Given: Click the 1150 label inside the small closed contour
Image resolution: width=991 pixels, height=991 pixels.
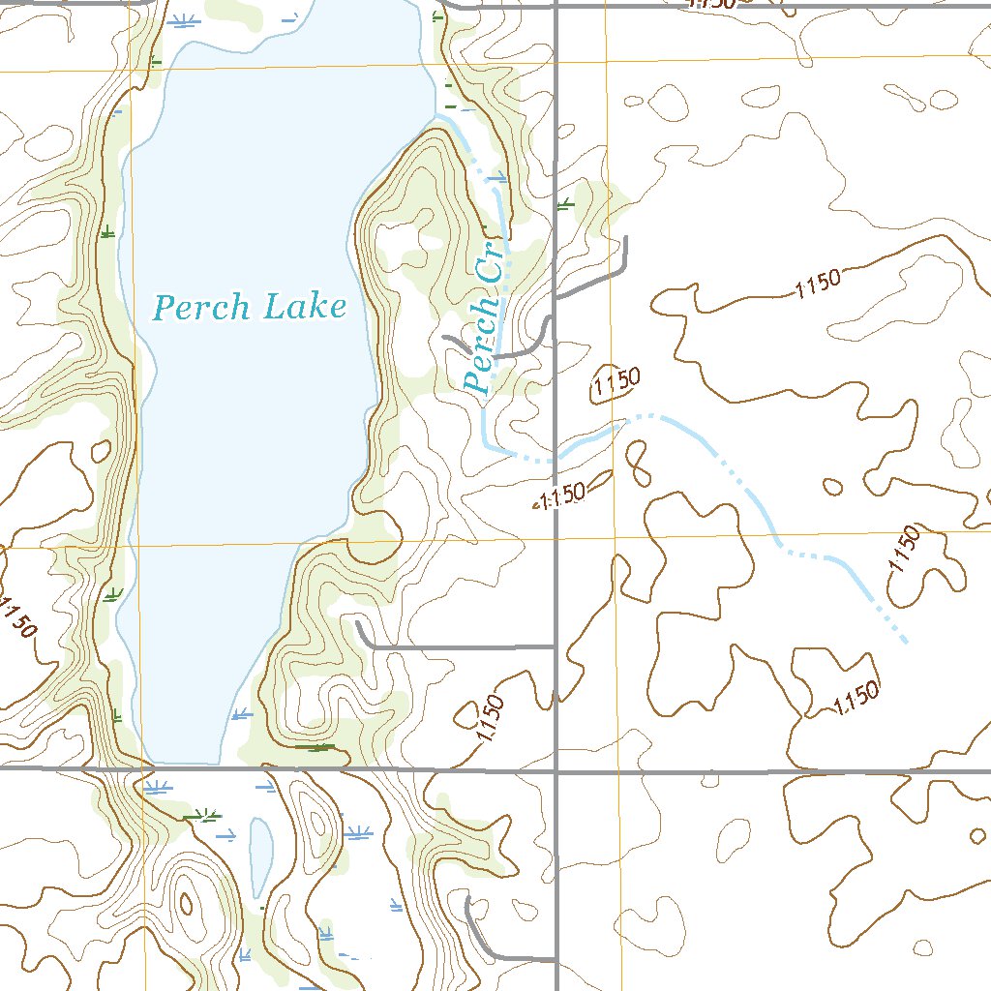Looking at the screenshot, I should pos(616,383).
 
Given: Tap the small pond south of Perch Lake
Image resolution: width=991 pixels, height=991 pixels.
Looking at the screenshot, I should pos(260,857).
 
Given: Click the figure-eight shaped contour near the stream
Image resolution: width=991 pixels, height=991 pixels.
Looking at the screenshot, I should pos(637,463).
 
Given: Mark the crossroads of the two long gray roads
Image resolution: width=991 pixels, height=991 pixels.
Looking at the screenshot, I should pos(556,772).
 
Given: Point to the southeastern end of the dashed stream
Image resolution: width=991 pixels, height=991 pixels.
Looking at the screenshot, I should pos(905,640).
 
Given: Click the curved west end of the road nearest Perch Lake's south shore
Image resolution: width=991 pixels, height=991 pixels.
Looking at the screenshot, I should pos(359,625).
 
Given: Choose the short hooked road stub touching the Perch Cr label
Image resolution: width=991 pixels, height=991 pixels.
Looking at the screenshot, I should pos(451,341).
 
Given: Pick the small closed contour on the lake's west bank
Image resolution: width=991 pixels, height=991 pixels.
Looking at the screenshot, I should pos(101,450).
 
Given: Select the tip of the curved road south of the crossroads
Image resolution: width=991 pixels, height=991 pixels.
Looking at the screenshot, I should pos(468,900).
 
